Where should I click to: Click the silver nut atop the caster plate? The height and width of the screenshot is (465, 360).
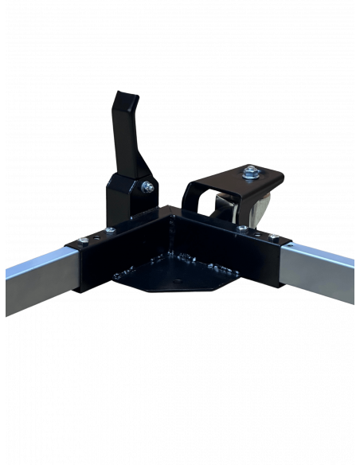[251, 170]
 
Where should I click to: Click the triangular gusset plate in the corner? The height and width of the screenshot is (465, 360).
[171, 275]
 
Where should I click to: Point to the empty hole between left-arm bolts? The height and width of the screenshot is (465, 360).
[94, 237]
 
